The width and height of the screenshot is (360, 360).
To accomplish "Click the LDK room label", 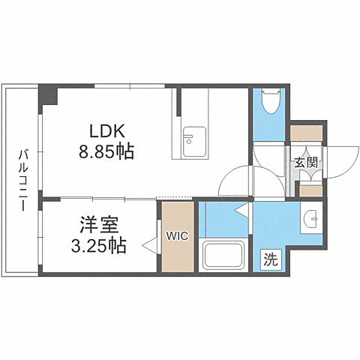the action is click(107, 131).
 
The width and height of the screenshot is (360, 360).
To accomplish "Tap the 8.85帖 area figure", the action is click(106, 151).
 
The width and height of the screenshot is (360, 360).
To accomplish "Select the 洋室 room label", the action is click(99, 225).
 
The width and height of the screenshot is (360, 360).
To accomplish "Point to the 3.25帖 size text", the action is click(98, 245).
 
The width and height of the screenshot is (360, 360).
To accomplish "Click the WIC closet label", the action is click(178, 235).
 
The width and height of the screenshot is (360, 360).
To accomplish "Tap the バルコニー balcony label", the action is click(23, 180).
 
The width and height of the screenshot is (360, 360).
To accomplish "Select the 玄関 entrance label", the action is click(306, 163).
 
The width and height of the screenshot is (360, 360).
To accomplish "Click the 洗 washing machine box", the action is click(271, 260).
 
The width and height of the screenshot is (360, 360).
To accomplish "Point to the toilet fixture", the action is click(271, 102).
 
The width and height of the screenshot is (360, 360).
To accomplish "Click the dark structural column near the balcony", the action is click(48, 95).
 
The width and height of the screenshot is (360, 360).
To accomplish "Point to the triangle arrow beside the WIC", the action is click(149, 245).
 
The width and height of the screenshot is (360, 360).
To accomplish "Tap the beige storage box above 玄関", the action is click(306, 133).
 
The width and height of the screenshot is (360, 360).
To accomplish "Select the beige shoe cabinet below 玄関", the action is click(310, 191).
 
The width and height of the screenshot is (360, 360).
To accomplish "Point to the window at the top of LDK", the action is click(130, 86).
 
